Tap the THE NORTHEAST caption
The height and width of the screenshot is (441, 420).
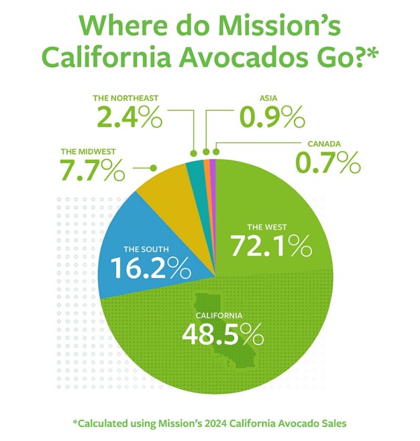pyautogui.click(x=127, y=98)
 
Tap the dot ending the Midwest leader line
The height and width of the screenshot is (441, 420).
pyautogui.click(x=154, y=167)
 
